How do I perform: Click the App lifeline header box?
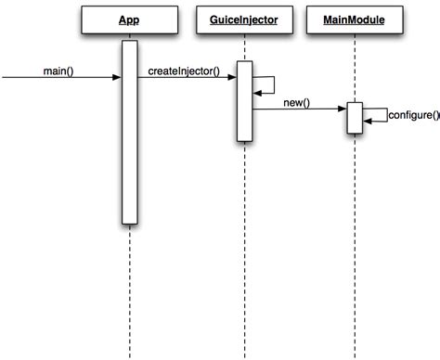pyautogui.click(x=129, y=19)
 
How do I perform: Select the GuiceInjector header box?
pyautogui.click(x=244, y=19)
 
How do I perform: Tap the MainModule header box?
pyautogui.click(x=355, y=19)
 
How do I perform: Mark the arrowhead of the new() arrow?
pyautogui.click(x=343, y=109)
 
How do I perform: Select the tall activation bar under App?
pyautogui.click(x=129, y=139)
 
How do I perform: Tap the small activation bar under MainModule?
pyautogui.click(x=355, y=118)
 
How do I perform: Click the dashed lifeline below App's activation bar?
pyautogui.click(x=129, y=288)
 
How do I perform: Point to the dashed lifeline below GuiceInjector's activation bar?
pyautogui.click(x=244, y=251)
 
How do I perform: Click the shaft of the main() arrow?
pyautogui.click(x=56, y=79)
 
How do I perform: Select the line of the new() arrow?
pyautogui.click(x=297, y=109)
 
